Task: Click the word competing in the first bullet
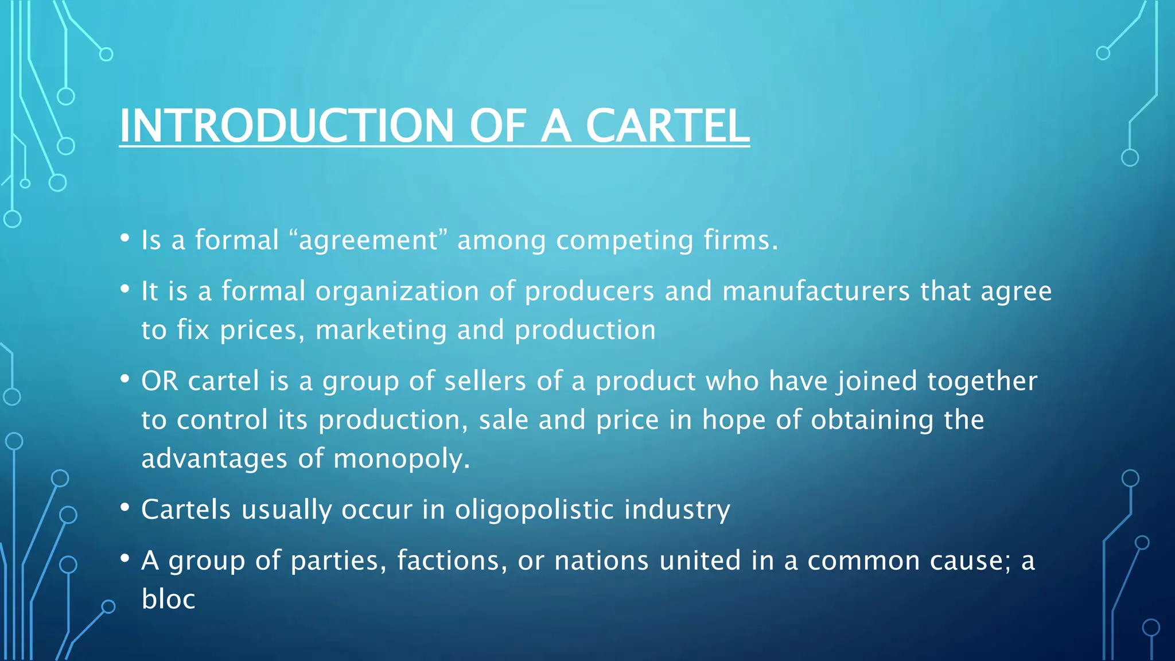[x=625, y=241]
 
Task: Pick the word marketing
[x=380, y=330]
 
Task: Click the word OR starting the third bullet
[x=159, y=381]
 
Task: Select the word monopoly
[x=401, y=459]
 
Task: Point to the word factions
[x=452, y=561]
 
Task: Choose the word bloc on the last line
[x=168, y=599]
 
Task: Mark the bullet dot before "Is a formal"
[x=124, y=238]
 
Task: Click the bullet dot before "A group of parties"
[x=124, y=558]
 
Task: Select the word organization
[x=397, y=291]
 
